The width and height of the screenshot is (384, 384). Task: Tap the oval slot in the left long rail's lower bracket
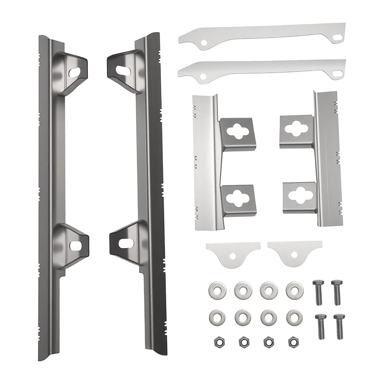point(76,246)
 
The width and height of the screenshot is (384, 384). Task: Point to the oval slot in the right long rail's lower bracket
point(126,243)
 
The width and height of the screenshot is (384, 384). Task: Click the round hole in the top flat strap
point(205,42)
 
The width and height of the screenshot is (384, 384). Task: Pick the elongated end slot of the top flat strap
point(338,37)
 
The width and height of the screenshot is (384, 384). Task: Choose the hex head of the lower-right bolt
point(339,317)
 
